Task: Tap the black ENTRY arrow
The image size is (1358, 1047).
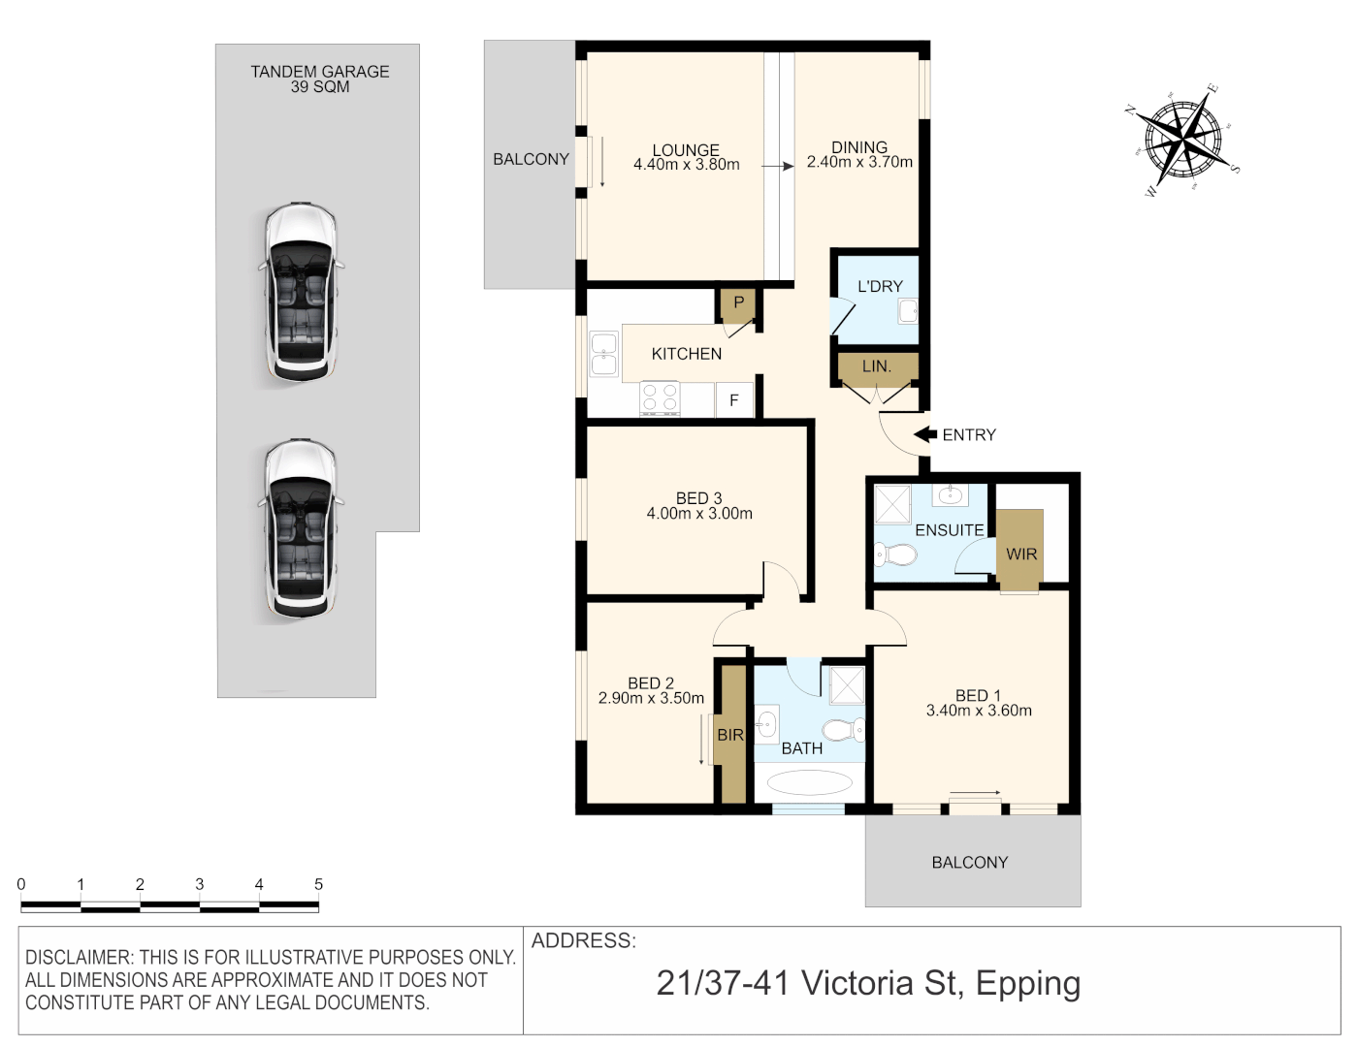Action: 925,434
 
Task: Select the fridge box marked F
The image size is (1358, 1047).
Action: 734,399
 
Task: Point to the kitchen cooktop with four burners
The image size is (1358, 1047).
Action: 660,398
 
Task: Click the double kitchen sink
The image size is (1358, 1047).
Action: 603,354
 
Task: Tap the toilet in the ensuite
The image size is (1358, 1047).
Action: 894,554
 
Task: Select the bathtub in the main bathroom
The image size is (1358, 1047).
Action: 809,783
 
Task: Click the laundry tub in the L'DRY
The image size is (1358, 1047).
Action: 908,311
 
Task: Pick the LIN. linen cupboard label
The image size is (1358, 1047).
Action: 876,366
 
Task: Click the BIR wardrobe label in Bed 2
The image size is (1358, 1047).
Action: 730,735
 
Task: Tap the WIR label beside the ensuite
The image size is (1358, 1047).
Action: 1021,554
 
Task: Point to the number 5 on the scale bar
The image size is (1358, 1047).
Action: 319,884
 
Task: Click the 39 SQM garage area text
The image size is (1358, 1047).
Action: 320,87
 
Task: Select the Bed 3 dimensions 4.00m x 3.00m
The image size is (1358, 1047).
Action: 699,514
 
